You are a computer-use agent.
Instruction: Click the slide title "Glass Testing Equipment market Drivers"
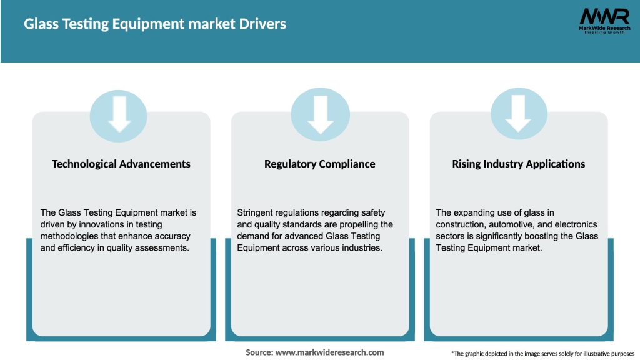[x=155, y=24]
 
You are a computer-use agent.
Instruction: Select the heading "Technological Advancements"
[x=121, y=164]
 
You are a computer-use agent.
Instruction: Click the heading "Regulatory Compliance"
[x=320, y=164]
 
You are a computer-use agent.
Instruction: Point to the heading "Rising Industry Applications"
[x=519, y=164]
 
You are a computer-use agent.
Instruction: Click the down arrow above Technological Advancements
[x=119, y=114]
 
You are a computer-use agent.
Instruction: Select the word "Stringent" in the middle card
[x=258, y=213]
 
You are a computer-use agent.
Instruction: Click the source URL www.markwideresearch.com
[x=329, y=352]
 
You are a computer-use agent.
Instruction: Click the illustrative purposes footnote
[x=542, y=353]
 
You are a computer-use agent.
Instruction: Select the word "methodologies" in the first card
[x=70, y=236]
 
